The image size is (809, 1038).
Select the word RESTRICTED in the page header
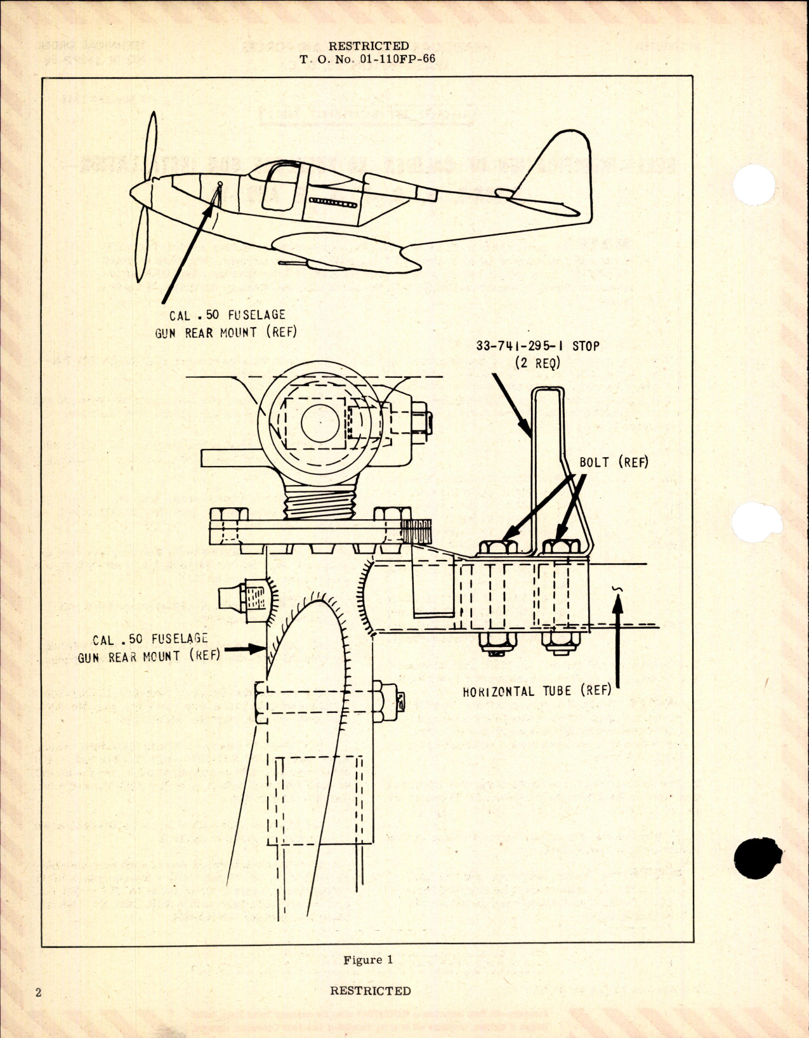[369, 46]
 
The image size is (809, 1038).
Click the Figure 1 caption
[368, 959]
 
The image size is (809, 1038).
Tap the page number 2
[38, 992]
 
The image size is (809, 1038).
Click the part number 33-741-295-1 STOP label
[537, 346]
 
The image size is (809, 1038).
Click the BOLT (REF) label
[614, 462]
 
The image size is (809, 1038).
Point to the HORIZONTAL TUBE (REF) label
[537, 691]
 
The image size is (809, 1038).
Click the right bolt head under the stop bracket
[562, 547]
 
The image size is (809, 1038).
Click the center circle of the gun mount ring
[320, 422]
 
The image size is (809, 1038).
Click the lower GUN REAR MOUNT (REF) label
[148, 656]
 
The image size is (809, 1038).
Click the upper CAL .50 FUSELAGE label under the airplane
[227, 315]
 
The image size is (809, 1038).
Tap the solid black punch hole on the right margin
[758, 858]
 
